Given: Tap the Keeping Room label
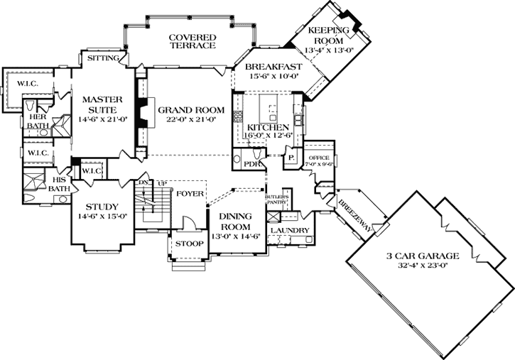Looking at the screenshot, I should coord(329,36).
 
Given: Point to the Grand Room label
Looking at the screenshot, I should coord(190,110).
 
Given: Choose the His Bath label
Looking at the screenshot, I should coord(59,184).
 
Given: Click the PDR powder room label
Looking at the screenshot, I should coord(249,164).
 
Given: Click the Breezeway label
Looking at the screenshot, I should coord(353,211).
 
